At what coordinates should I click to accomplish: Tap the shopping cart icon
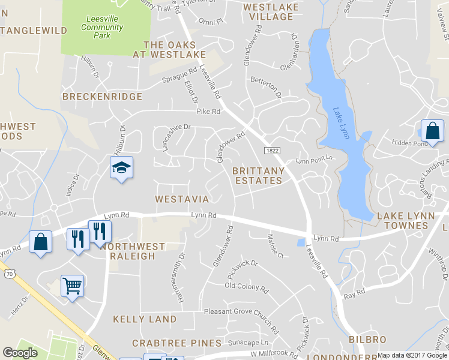coord(72,286)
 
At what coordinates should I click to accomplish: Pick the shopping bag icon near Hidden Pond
coord(432,130)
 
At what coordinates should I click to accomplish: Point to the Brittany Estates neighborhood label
coord(259,176)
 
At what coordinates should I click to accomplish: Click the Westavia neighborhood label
coord(181,199)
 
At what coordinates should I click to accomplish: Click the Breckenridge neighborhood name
coord(102,96)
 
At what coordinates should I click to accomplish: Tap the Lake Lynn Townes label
coord(402,220)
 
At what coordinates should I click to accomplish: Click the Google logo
coord(20,353)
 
